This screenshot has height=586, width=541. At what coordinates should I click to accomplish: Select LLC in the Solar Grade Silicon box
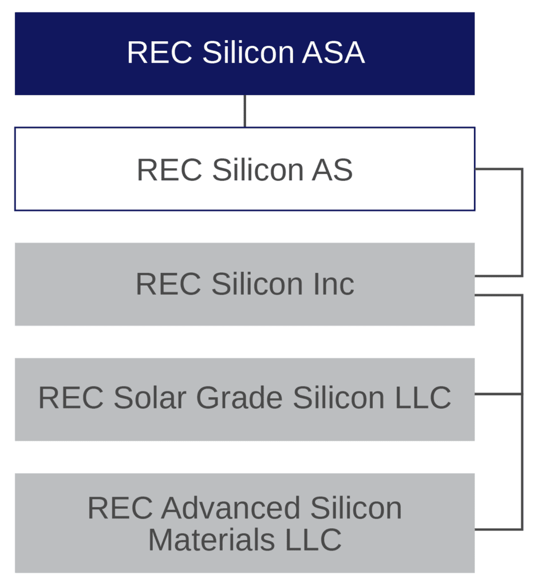point(422,398)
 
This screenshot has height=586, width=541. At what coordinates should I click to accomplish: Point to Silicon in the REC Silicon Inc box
point(256,284)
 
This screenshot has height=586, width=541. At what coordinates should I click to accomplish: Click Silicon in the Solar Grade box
point(339,398)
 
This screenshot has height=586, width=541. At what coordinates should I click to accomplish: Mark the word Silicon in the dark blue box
point(248,53)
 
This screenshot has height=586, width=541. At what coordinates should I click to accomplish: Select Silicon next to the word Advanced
point(356,508)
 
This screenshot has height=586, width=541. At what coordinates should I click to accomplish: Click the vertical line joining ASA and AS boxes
point(245,111)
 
